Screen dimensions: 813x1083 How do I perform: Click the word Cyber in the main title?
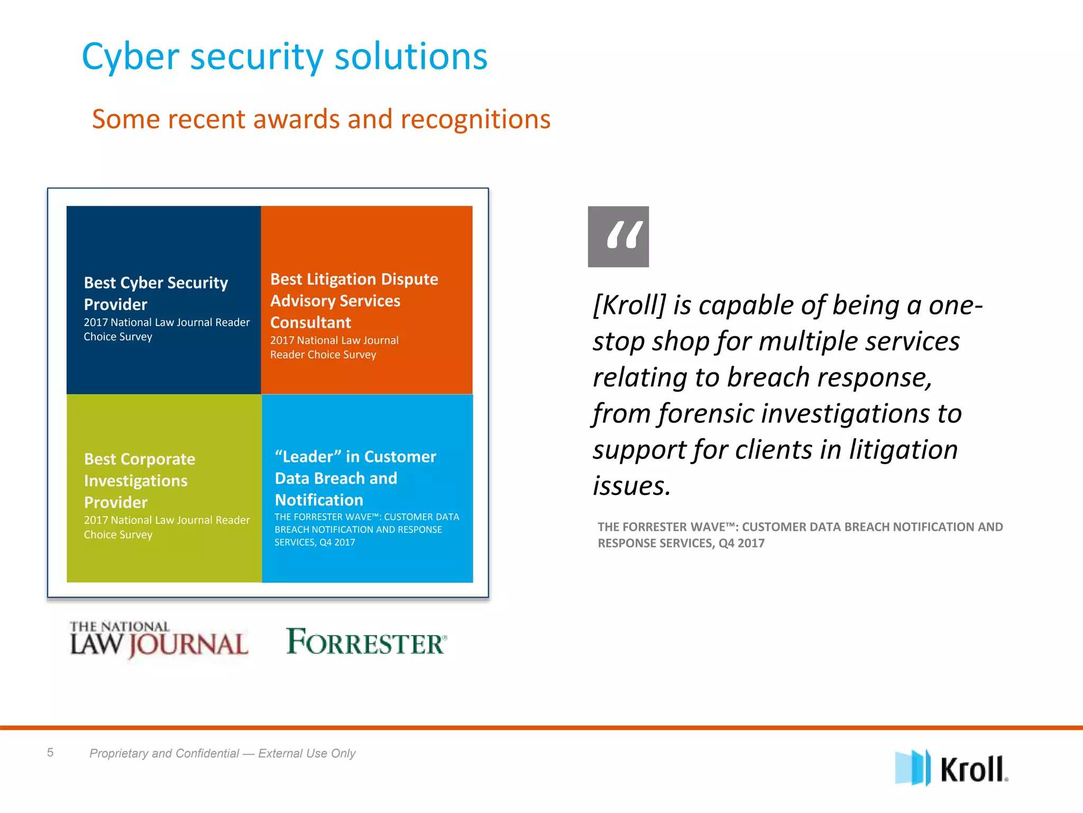pos(131,57)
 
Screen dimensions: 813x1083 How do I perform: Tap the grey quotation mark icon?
pos(618,237)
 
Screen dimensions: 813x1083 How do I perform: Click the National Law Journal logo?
pos(158,640)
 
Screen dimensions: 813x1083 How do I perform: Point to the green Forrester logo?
pos(366,642)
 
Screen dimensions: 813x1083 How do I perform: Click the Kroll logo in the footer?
pos(951,768)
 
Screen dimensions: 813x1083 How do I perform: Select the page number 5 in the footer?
pos(50,752)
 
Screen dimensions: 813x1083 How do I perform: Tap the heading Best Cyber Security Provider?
pos(155,293)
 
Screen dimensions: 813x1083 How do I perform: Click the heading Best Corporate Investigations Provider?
pos(139,480)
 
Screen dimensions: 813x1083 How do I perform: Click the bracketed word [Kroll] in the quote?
pos(629,305)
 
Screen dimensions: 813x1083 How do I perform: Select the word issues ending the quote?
pos(631,486)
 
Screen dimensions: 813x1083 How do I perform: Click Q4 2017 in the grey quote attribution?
pos(741,543)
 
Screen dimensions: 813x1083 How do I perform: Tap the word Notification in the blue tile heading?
pos(319,500)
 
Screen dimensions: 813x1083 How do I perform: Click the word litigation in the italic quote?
pos(903,450)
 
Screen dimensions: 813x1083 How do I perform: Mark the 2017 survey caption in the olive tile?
pos(166,527)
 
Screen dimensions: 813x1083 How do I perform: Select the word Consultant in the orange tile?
pos(310,322)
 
